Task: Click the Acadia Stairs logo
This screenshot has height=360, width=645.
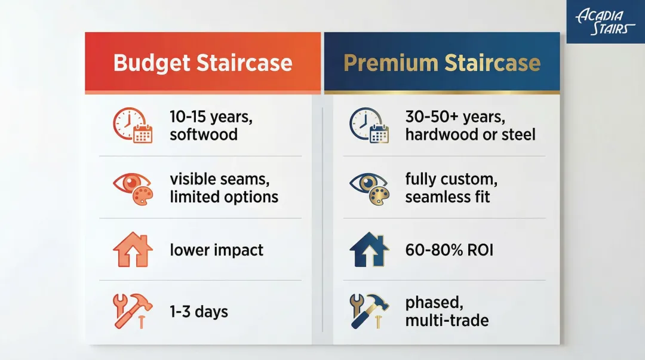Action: click(604, 22)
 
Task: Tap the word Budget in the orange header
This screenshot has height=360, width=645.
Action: click(152, 63)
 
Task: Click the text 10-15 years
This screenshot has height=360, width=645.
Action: click(211, 117)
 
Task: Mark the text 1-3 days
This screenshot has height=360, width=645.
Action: click(198, 311)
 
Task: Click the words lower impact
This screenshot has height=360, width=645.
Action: click(216, 250)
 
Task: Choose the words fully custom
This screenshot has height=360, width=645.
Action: click(451, 179)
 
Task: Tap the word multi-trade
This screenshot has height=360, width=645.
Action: click(447, 321)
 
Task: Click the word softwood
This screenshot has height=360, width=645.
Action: click(204, 134)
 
